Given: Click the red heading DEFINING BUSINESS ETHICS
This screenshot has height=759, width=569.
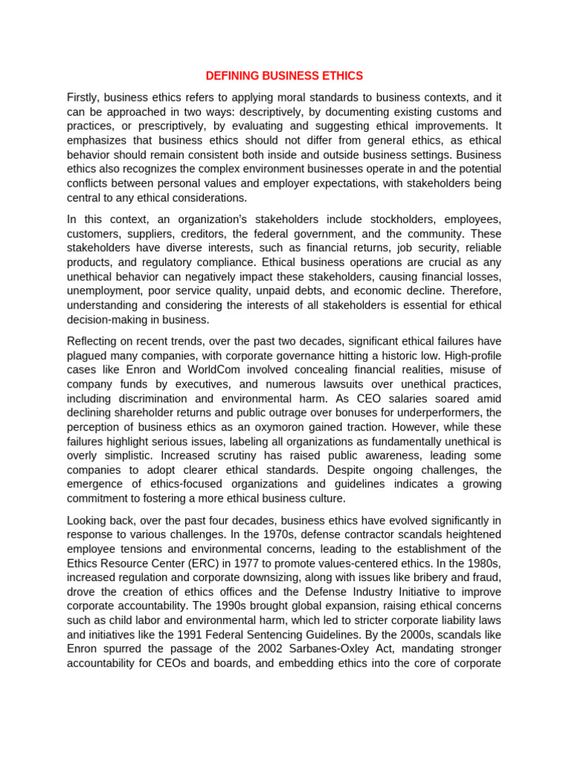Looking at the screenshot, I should coord(284,76).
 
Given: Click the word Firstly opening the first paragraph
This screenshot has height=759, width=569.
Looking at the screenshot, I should coord(83,97).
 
